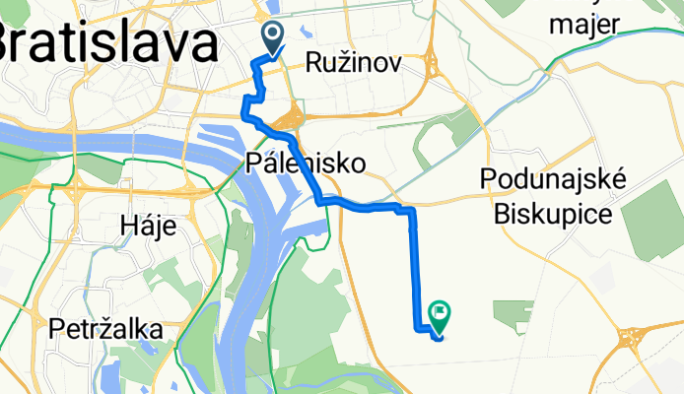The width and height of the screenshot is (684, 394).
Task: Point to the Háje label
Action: (x=148, y=227)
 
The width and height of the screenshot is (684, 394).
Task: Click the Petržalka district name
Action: (x=105, y=330)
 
